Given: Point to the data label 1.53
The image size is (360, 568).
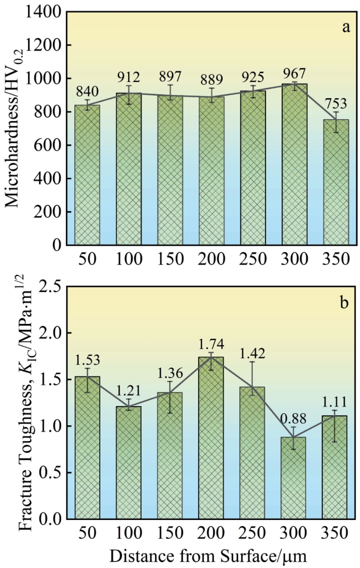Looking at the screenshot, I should pyautogui.click(x=87, y=360).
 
